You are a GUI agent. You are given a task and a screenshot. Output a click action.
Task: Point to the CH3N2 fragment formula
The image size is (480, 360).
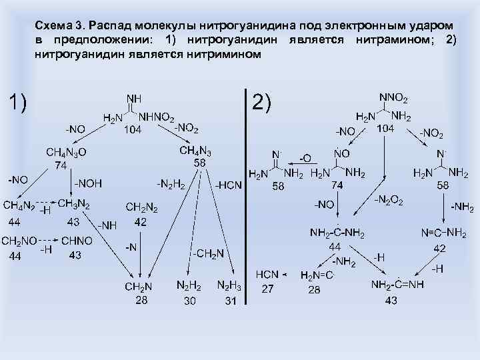(73, 203)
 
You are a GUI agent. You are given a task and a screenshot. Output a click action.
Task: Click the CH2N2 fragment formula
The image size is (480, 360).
(141, 209)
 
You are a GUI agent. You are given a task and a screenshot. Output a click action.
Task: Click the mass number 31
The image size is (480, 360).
(231, 301)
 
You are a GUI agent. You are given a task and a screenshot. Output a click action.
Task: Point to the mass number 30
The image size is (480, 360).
(189, 301)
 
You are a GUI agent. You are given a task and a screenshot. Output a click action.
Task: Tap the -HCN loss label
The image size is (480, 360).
(229, 185)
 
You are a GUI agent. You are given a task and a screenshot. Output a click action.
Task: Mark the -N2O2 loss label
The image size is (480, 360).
(389, 200)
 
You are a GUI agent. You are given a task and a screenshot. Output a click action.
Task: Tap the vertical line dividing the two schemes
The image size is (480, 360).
(246, 200)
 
